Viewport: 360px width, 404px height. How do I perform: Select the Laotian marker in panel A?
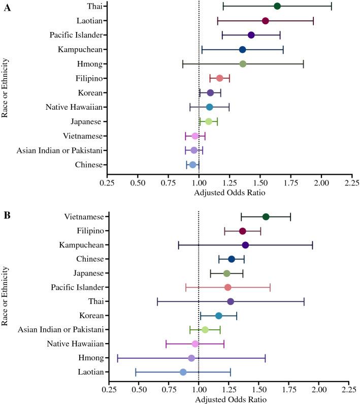[265, 21]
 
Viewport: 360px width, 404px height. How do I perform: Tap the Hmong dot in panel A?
[243, 64]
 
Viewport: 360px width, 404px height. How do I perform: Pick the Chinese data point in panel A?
[192, 165]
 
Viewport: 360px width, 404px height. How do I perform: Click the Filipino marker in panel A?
[219, 78]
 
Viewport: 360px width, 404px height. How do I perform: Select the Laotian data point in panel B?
[183, 372]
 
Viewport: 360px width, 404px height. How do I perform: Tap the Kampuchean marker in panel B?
[245, 245]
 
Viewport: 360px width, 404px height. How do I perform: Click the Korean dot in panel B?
[219, 316]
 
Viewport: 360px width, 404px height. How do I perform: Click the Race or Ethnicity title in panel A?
[5, 86]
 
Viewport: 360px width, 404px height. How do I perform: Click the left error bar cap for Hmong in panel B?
[118, 358]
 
